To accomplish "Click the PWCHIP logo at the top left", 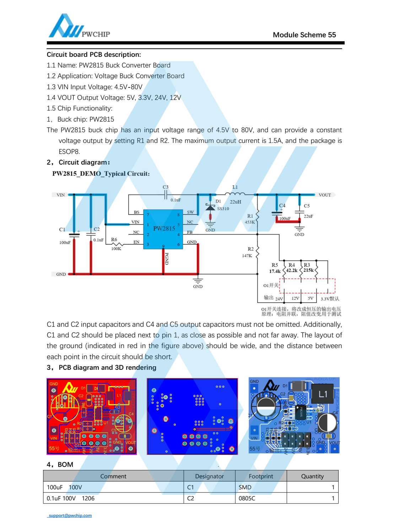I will [79, 26].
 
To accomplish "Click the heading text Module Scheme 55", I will [304, 35].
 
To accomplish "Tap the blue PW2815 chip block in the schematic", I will [164, 229].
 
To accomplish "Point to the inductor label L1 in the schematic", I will [235, 187].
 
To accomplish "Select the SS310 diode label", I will [223, 209].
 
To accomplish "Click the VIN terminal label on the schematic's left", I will [61, 195].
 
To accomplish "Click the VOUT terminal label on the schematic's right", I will [324, 195].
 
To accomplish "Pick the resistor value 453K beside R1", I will [250, 222].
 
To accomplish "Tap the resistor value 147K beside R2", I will [247, 256].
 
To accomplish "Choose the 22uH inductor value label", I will [236, 202].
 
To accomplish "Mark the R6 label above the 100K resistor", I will [114, 240].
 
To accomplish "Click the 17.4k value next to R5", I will [275, 271].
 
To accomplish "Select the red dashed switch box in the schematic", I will [307, 286].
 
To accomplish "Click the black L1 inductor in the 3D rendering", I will [323, 394].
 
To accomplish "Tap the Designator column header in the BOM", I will [209, 476].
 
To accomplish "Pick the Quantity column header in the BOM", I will [312, 476].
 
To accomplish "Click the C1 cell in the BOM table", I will [191, 487].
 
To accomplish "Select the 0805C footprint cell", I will [247, 498].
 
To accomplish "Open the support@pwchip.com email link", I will [70, 515].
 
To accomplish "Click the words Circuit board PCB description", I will [94, 55].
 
